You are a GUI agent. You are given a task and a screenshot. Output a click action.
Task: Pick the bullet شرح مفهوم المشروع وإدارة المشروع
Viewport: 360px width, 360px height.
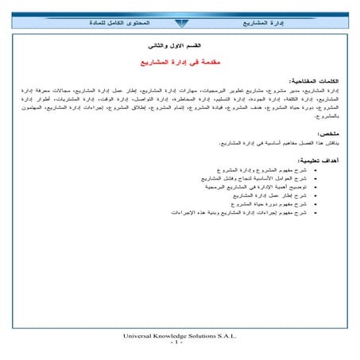pos(255,171)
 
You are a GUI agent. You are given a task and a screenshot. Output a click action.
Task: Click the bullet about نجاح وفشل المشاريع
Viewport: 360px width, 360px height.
pos(251,178)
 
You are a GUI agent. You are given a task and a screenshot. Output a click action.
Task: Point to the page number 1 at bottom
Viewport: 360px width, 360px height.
pos(180,343)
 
